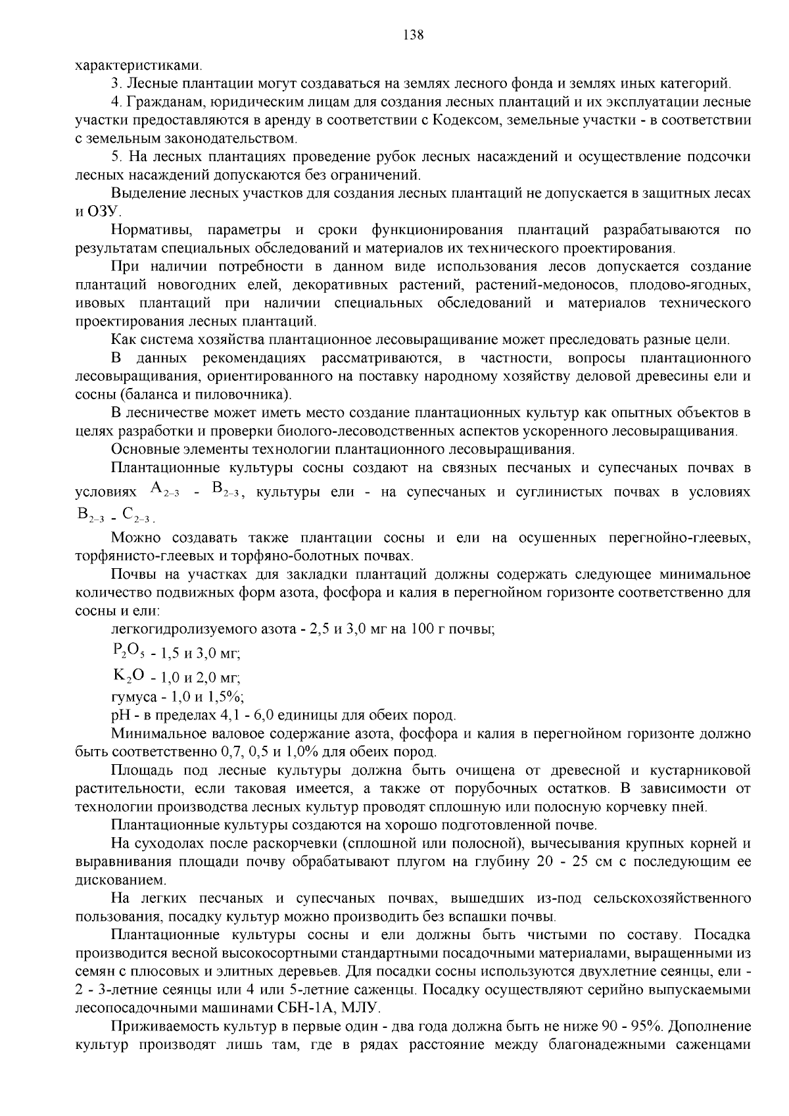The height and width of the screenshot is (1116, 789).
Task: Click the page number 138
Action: (x=414, y=36)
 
